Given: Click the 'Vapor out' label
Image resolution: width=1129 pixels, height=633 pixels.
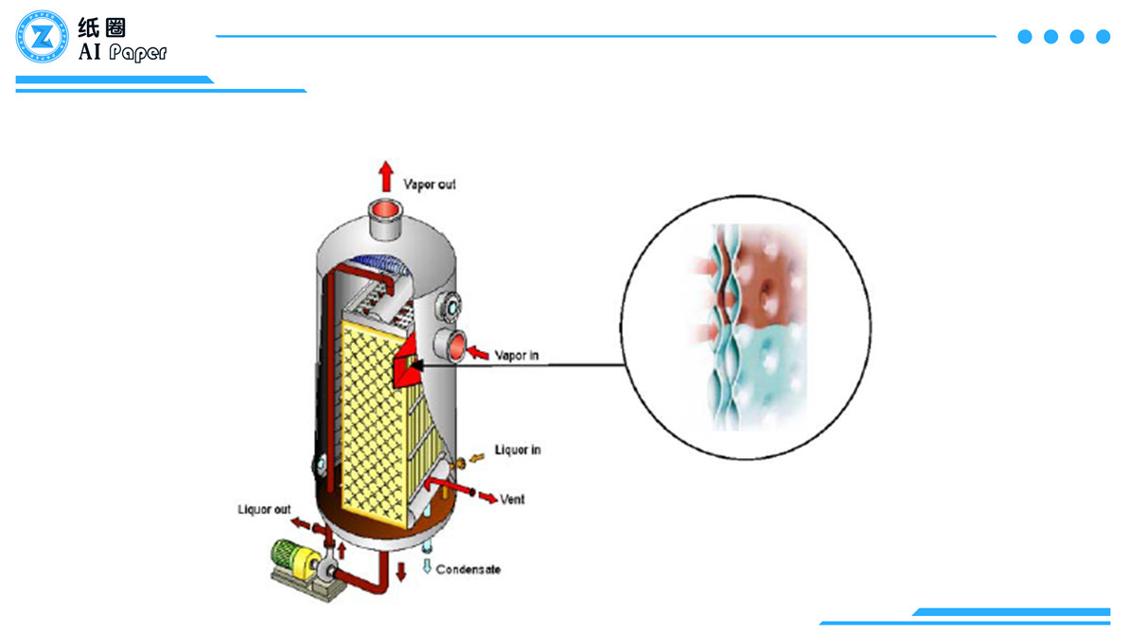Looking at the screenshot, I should [x=430, y=185].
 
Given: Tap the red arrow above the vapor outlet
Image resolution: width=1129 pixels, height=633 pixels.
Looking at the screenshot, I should [x=385, y=177].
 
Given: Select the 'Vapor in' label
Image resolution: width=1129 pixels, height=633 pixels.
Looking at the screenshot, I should [x=518, y=357].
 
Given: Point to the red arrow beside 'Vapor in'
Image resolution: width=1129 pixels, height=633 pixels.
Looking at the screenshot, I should [x=480, y=355].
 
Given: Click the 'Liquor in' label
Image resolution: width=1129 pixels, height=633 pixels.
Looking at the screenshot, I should [x=518, y=450].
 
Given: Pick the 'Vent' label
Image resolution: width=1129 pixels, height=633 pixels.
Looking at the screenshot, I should [x=512, y=499].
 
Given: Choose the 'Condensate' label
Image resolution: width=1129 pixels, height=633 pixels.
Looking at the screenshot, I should [x=467, y=570].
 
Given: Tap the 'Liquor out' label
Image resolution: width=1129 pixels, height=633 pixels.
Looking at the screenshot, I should [x=264, y=510].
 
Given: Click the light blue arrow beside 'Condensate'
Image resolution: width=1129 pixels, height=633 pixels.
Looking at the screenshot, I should [x=427, y=567].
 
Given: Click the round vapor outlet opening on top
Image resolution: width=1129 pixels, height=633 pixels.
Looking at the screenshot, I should [x=385, y=210].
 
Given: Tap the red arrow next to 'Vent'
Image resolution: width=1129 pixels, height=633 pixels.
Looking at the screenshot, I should [x=487, y=497].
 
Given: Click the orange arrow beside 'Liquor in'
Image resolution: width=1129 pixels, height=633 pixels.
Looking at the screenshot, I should [x=479, y=457].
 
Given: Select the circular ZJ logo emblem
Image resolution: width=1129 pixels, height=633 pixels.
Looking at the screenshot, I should [x=42, y=37].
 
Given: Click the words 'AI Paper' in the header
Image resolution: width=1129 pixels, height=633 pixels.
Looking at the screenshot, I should [x=122, y=52].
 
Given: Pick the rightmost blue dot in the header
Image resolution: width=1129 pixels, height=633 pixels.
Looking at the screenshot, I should [x=1103, y=37].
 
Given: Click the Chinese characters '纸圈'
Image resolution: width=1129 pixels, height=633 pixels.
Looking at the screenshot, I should [x=102, y=26].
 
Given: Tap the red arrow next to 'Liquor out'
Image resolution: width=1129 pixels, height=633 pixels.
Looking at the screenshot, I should [x=300, y=522].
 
